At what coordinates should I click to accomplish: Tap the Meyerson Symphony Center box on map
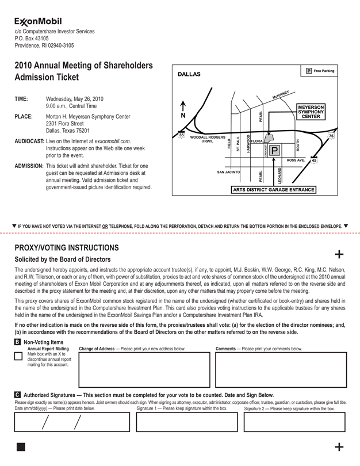click(311, 111)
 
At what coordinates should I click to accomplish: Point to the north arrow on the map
click(183, 109)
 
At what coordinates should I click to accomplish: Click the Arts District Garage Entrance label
click(273, 190)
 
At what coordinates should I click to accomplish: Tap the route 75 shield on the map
click(331, 135)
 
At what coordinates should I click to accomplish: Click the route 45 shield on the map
click(314, 161)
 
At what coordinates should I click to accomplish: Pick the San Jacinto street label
click(228, 172)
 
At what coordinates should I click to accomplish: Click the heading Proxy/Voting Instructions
click(67, 248)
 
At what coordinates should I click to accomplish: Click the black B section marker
click(17, 342)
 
